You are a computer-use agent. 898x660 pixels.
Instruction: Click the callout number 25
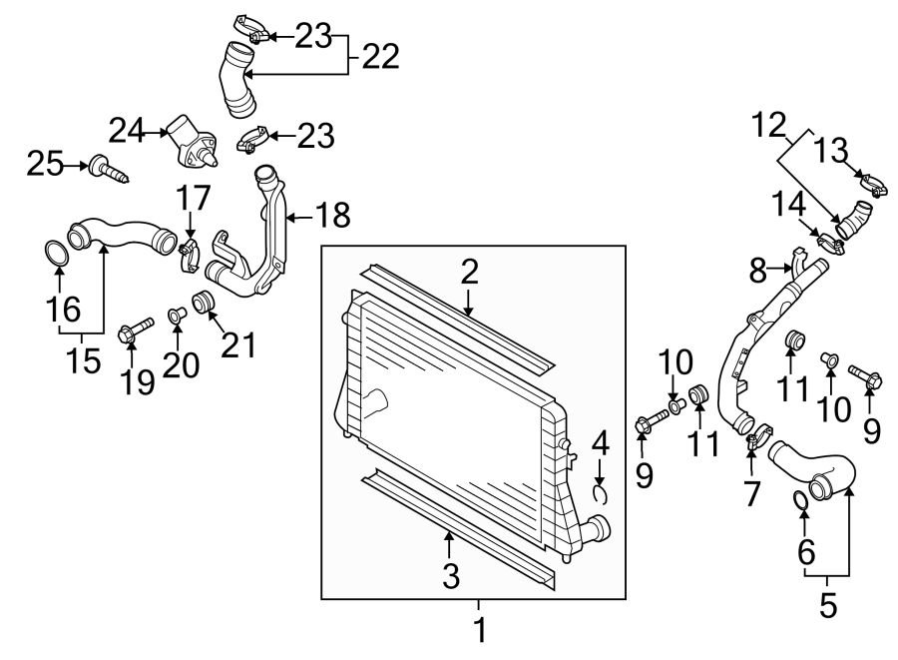pyautogui.click(x=45, y=165)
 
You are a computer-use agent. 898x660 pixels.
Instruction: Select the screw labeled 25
pyautogui.click(x=109, y=169)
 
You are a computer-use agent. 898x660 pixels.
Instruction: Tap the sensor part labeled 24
pyautogui.click(x=191, y=142)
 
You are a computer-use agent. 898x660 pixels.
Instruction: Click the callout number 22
pyautogui.click(x=380, y=57)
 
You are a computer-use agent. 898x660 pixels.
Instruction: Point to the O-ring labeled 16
pyautogui.click(x=56, y=254)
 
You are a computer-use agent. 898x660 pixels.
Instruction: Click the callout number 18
pyautogui.click(x=332, y=216)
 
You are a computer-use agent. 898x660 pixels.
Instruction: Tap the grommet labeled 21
pyautogui.click(x=203, y=302)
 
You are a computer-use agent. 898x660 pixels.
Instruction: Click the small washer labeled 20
pyautogui.click(x=175, y=316)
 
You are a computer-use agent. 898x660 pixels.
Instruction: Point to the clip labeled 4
pyautogui.click(x=600, y=494)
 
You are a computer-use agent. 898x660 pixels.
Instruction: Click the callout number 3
pyautogui.click(x=451, y=576)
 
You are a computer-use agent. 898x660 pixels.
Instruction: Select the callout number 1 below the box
pyautogui.click(x=480, y=630)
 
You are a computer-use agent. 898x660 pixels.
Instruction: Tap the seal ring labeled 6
pyautogui.click(x=801, y=500)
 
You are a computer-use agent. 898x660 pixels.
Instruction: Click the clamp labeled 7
pyautogui.click(x=757, y=436)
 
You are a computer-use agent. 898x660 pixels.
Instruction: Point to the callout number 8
pyautogui.click(x=757, y=271)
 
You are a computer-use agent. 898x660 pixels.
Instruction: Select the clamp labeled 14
pyautogui.click(x=830, y=246)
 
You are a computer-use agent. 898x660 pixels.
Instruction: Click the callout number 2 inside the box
pyautogui.click(x=469, y=273)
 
